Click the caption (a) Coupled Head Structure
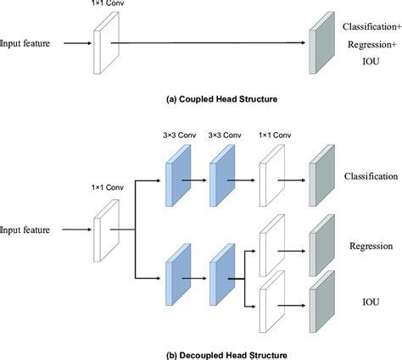[x=200, y=100]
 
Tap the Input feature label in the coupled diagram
[x=28, y=42]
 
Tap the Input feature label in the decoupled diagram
[x=28, y=229]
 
